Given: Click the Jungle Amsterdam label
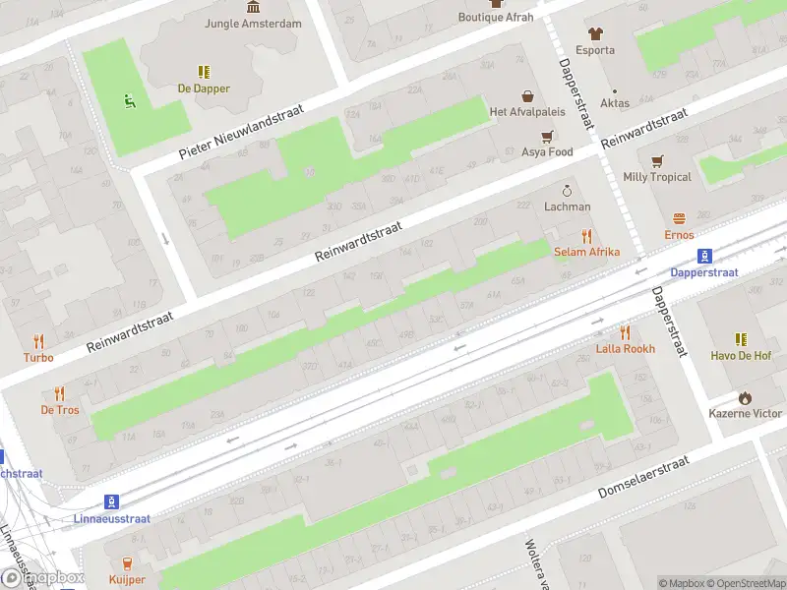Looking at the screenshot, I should [x=253, y=23].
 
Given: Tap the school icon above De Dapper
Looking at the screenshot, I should [x=204, y=72].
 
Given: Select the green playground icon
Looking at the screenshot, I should [x=127, y=98].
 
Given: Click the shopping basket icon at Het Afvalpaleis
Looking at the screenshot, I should [x=527, y=96].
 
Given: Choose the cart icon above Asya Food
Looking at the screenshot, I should [x=547, y=136].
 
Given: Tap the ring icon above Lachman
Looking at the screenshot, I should [x=567, y=190].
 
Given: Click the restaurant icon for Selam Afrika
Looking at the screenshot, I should [x=587, y=235].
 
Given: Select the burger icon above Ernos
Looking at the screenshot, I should [x=679, y=218].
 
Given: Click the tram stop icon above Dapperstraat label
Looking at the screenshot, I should [x=704, y=255].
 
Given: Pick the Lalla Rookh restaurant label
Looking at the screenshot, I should [x=625, y=349].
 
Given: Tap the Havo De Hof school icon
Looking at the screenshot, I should [x=742, y=338].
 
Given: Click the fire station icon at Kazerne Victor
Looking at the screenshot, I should [x=746, y=397].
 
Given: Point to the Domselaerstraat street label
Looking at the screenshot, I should [x=646, y=477].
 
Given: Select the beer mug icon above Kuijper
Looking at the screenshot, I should [x=126, y=562].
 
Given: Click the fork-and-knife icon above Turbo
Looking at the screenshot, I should [x=39, y=341].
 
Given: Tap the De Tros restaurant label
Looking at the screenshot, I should [x=60, y=409].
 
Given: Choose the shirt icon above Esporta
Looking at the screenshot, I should [x=595, y=33].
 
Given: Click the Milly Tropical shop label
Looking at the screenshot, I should [x=657, y=177].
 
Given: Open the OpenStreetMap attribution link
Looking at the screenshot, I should [x=746, y=583].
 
